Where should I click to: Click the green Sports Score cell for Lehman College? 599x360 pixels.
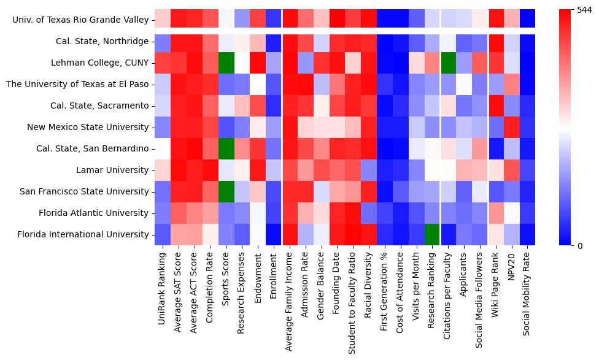(x=226, y=63)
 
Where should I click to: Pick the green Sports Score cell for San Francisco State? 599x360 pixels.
(x=226, y=191)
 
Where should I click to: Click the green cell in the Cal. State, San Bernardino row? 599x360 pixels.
(x=226, y=148)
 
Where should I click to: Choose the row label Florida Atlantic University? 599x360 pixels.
(x=92, y=213)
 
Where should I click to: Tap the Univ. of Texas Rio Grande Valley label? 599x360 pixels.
(x=80, y=20)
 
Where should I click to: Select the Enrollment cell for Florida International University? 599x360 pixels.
(x=274, y=234)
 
